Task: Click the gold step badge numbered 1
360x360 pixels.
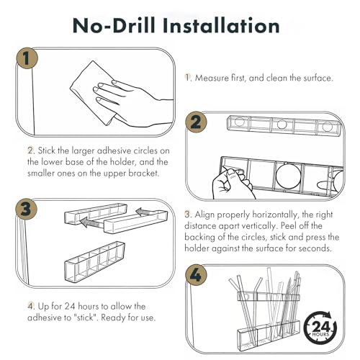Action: pyautogui.click(x=27, y=58)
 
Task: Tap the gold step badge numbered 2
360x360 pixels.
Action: pyautogui.click(x=196, y=122)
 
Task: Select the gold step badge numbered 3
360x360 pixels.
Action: pyautogui.click(x=27, y=208)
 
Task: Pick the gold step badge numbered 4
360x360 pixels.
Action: pyautogui.click(x=196, y=275)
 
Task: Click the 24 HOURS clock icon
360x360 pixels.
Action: pyautogui.click(x=320, y=327)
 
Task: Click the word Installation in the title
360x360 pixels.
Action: pyautogui.click(x=221, y=25)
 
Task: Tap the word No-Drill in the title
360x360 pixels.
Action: pyautogui.click(x=114, y=25)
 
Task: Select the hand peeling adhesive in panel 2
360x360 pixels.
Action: pyautogui.click(x=232, y=184)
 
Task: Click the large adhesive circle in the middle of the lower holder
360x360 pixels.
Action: pyautogui.click(x=288, y=175)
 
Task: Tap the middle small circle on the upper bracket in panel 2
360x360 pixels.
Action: pyautogui.click(x=282, y=125)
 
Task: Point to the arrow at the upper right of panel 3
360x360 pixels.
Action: pyautogui.click(x=146, y=212)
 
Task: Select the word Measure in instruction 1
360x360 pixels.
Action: pyautogui.click(x=212, y=78)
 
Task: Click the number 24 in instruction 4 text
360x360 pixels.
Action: pyautogui.click(x=70, y=307)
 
